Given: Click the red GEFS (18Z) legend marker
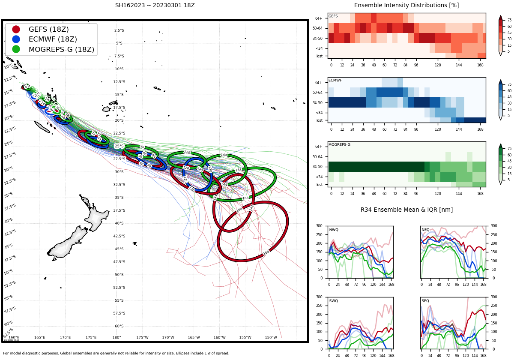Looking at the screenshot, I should [16, 30].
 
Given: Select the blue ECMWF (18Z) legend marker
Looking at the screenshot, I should [16, 39].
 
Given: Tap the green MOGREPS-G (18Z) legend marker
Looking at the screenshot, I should [16, 49].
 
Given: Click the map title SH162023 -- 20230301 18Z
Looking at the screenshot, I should [155, 6].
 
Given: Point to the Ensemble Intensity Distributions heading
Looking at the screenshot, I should [406, 6].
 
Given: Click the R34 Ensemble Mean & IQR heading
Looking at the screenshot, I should [406, 210].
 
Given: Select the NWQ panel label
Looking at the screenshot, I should [334, 230].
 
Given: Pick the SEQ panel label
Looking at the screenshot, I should [425, 301].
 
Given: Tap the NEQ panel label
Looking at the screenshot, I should [425, 230].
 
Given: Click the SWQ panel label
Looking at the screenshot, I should [334, 301].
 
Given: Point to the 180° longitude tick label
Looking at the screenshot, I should [117, 337].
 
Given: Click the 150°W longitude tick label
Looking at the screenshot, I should [271, 337].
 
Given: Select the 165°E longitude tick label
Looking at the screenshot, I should [39, 337].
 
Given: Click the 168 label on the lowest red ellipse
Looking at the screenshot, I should [266, 252].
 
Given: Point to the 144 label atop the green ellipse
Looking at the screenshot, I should [224, 155].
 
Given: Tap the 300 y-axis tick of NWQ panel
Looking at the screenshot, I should [319, 226].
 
